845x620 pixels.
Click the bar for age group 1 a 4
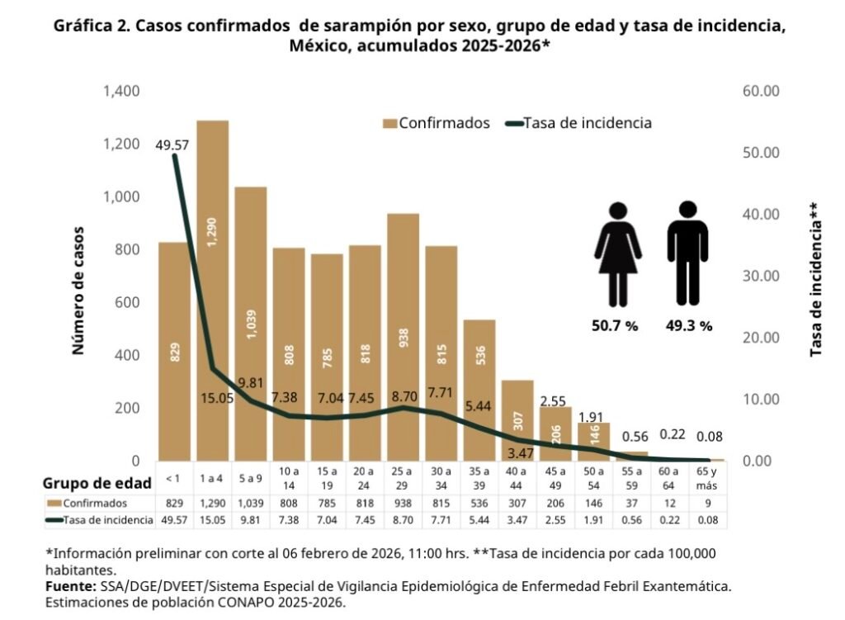(213, 289)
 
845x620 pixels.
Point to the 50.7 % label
(615, 325)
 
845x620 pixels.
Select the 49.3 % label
(689, 325)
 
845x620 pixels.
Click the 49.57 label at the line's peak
(172, 144)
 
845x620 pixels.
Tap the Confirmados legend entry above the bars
(437, 123)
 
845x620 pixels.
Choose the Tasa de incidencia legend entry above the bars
(578, 123)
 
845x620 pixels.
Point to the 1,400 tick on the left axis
(121, 91)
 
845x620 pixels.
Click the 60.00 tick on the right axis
(761, 91)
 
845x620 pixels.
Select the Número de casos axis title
(79, 288)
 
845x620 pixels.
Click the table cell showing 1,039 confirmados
(251, 503)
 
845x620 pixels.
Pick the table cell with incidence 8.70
(403, 520)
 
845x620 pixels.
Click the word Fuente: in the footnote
(70, 586)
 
